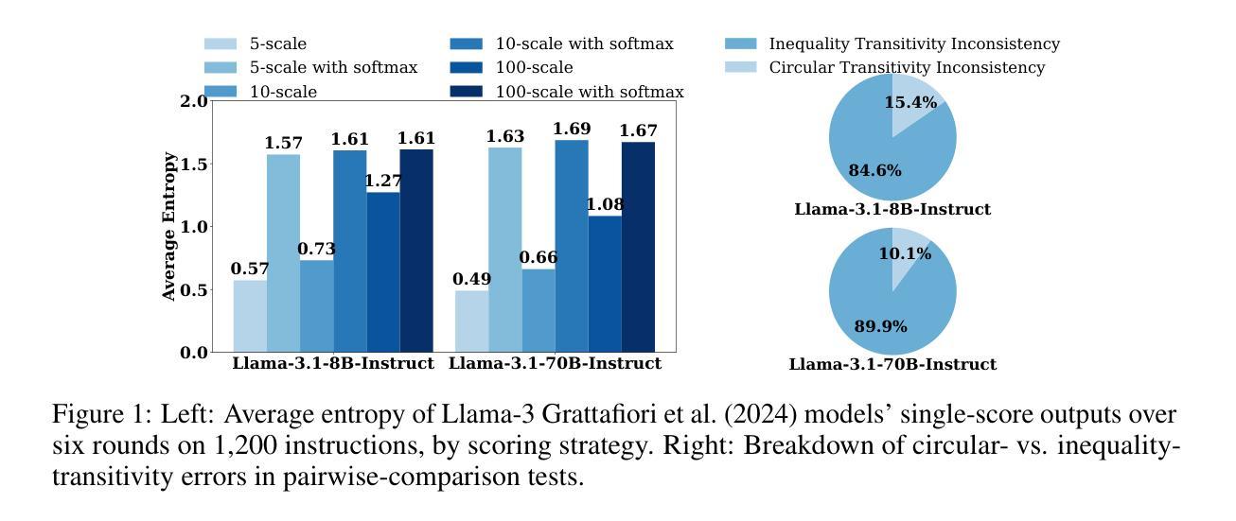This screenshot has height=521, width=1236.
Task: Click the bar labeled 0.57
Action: tap(250, 316)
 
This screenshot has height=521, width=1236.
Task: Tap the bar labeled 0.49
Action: tap(471, 321)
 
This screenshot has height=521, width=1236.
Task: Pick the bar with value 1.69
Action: tap(571, 246)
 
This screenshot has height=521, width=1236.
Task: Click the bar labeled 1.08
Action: tap(605, 284)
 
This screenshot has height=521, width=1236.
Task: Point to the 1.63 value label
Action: tap(504, 137)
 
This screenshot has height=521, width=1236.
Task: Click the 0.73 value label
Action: tap(316, 250)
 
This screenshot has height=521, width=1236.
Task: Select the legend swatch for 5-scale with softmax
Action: tap(221, 68)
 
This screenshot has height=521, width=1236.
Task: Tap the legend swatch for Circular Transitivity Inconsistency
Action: tap(740, 68)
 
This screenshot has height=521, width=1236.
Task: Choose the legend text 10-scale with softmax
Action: tap(585, 44)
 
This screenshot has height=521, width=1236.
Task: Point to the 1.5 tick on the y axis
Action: tap(193, 165)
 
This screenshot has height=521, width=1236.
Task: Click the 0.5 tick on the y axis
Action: tap(193, 290)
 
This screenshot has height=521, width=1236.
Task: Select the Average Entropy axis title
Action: tap(169, 226)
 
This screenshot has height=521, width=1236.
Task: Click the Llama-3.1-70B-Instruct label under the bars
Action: tap(555, 363)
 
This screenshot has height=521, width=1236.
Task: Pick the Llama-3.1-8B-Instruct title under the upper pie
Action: tap(892, 209)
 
